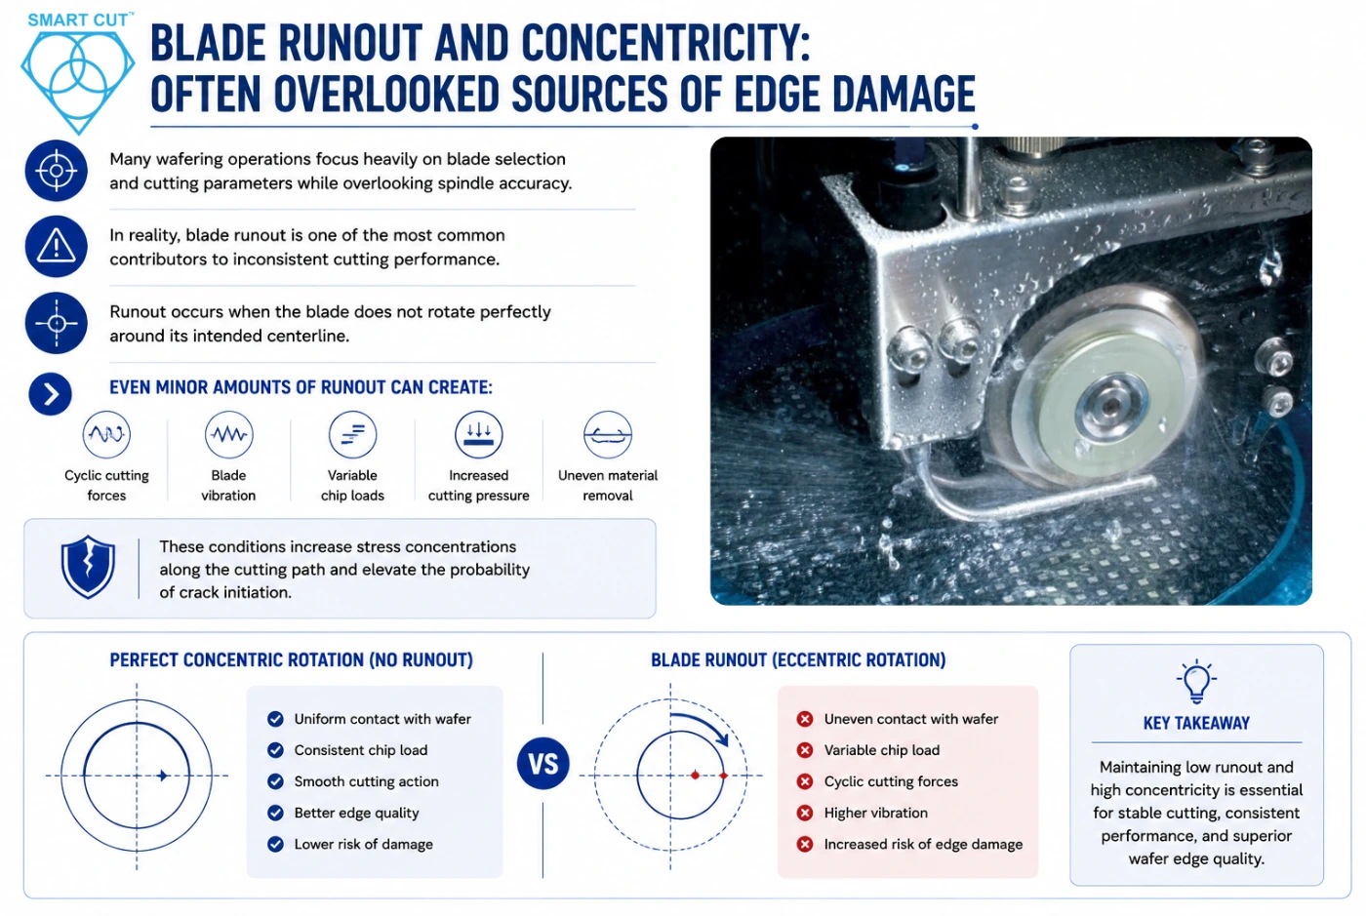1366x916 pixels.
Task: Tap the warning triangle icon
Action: [x=57, y=247]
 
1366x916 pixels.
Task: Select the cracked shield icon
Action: [x=88, y=567]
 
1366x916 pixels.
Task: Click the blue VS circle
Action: [x=542, y=764]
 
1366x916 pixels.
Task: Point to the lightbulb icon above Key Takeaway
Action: [x=1196, y=681]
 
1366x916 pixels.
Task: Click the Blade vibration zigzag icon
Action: [x=228, y=434]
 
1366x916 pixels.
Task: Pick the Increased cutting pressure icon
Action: [x=479, y=434]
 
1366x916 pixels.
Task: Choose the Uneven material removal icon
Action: [x=607, y=434]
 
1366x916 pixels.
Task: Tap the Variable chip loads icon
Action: [x=352, y=434]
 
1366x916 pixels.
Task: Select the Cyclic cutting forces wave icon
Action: [x=106, y=434]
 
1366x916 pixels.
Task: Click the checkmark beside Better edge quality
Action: [x=275, y=813]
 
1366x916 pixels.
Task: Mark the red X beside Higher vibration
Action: [x=805, y=813]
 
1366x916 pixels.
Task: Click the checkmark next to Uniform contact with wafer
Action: [x=275, y=719]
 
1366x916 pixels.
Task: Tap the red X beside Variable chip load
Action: [x=805, y=750]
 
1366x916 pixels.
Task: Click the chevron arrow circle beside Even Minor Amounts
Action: [x=50, y=394]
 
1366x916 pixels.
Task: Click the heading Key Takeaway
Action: [x=1196, y=723]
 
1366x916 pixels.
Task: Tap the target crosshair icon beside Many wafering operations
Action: [x=57, y=170]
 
